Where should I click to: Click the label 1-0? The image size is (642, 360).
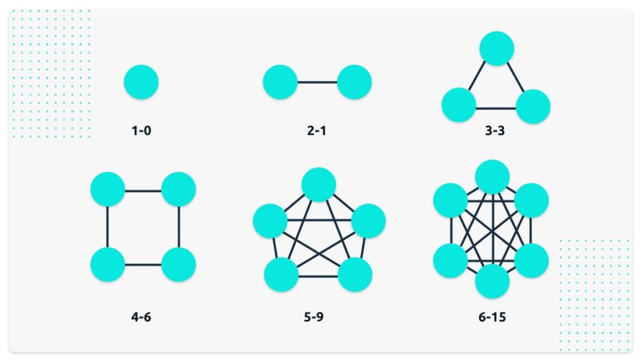141,131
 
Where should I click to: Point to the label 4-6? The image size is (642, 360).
141,317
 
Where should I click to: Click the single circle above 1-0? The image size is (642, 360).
141,82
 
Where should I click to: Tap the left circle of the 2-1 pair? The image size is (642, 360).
280,82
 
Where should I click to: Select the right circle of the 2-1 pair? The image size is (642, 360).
354,82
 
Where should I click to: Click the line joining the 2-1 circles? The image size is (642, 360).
317,82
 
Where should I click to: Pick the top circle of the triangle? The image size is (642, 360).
497,48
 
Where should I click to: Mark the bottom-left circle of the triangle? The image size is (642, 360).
459,105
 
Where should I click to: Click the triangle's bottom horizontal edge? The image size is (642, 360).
496,108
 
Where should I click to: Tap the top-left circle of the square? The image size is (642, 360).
108,189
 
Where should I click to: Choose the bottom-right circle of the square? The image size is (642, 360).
179,264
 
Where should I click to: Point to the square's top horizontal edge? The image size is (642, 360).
143,189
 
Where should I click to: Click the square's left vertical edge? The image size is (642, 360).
108,226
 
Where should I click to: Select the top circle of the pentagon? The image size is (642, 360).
318,184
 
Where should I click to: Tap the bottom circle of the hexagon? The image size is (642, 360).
492,281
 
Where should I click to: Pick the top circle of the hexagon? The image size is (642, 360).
492,177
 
